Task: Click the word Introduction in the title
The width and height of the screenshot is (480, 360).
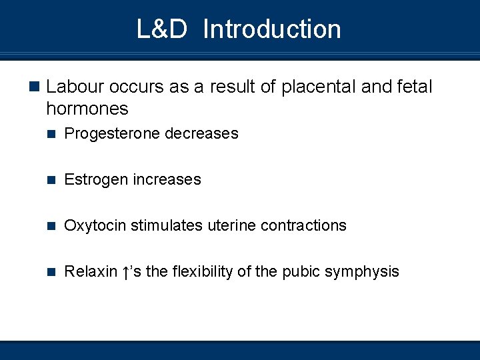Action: coord(271,29)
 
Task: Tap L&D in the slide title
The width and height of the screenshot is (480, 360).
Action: coord(162,29)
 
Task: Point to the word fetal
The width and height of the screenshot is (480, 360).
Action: coord(414,87)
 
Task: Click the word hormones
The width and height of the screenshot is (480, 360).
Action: coord(87,108)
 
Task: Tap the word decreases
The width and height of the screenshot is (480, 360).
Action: coord(201,134)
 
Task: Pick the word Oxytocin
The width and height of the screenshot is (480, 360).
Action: coord(95,226)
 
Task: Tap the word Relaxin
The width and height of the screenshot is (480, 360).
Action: coord(91,272)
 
